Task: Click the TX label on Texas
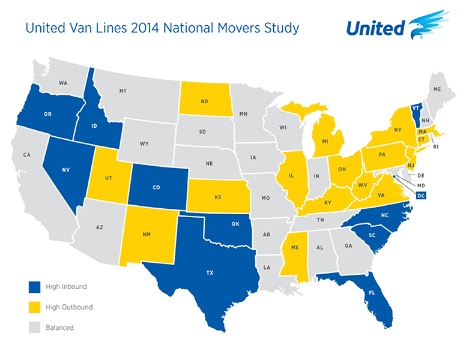[x=209, y=272]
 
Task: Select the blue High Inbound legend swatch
[x=34, y=286]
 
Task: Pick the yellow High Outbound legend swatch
[x=34, y=307]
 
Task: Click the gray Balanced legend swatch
[x=34, y=328]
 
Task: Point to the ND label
[x=205, y=101]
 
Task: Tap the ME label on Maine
[x=437, y=89]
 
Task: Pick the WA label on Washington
[x=62, y=82]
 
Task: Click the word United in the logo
[x=375, y=28]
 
